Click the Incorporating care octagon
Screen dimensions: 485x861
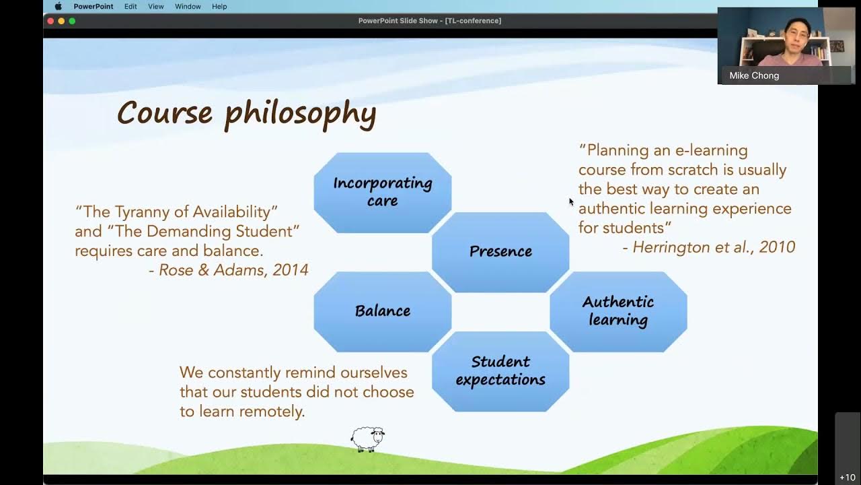click(382, 192)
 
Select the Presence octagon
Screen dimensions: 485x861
click(500, 251)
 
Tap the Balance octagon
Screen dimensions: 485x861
click(382, 311)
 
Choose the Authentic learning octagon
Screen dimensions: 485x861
click(618, 311)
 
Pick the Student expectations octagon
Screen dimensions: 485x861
click(500, 370)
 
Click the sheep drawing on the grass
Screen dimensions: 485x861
click(367, 439)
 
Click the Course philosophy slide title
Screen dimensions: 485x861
click(246, 112)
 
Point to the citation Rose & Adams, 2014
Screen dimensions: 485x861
click(228, 270)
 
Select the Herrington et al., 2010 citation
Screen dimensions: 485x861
click(708, 247)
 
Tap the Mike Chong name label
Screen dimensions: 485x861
click(754, 75)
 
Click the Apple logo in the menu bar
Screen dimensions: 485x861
click(58, 6)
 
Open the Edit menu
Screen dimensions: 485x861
click(130, 6)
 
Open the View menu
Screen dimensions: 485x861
click(155, 6)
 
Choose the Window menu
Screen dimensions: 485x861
click(188, 6)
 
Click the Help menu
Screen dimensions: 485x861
click(219, 6)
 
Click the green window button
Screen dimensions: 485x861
click(72, 21)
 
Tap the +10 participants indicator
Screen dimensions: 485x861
click(847, 477)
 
